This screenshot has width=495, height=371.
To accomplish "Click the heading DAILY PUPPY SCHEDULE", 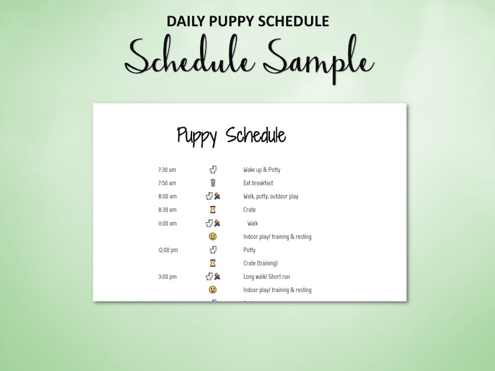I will tap(247, 21).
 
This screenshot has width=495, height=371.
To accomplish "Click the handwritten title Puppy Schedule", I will tap(231, 136).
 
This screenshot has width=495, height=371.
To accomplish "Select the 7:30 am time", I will tap(167, 170).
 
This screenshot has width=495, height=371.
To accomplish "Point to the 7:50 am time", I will tap(167, 183).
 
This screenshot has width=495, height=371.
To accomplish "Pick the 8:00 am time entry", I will tap(167, 197).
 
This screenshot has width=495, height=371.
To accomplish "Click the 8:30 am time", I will tap(167, 210).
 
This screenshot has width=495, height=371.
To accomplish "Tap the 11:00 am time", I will tap(167, 223).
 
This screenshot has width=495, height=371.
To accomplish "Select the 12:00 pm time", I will tap(167, 250).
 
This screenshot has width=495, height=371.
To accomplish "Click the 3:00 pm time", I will tap(167, 277).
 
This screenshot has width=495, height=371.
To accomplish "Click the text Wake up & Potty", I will tap(262, 170).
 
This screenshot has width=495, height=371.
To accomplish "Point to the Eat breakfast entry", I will tap(258, 183).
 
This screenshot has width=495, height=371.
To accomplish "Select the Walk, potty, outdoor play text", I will tap(271, 197).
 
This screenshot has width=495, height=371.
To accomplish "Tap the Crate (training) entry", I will tap(261, 263).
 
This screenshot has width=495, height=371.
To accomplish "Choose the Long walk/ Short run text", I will tap(266, 277).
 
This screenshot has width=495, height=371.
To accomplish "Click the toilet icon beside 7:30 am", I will tap(213, 169).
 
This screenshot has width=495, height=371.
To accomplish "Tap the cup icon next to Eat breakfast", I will tap(213, 183).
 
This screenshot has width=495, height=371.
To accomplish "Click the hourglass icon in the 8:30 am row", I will tap(213, 210).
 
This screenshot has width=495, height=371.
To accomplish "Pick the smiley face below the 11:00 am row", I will tap(213, 237).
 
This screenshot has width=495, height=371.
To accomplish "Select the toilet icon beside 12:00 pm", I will tap(213, 250).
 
